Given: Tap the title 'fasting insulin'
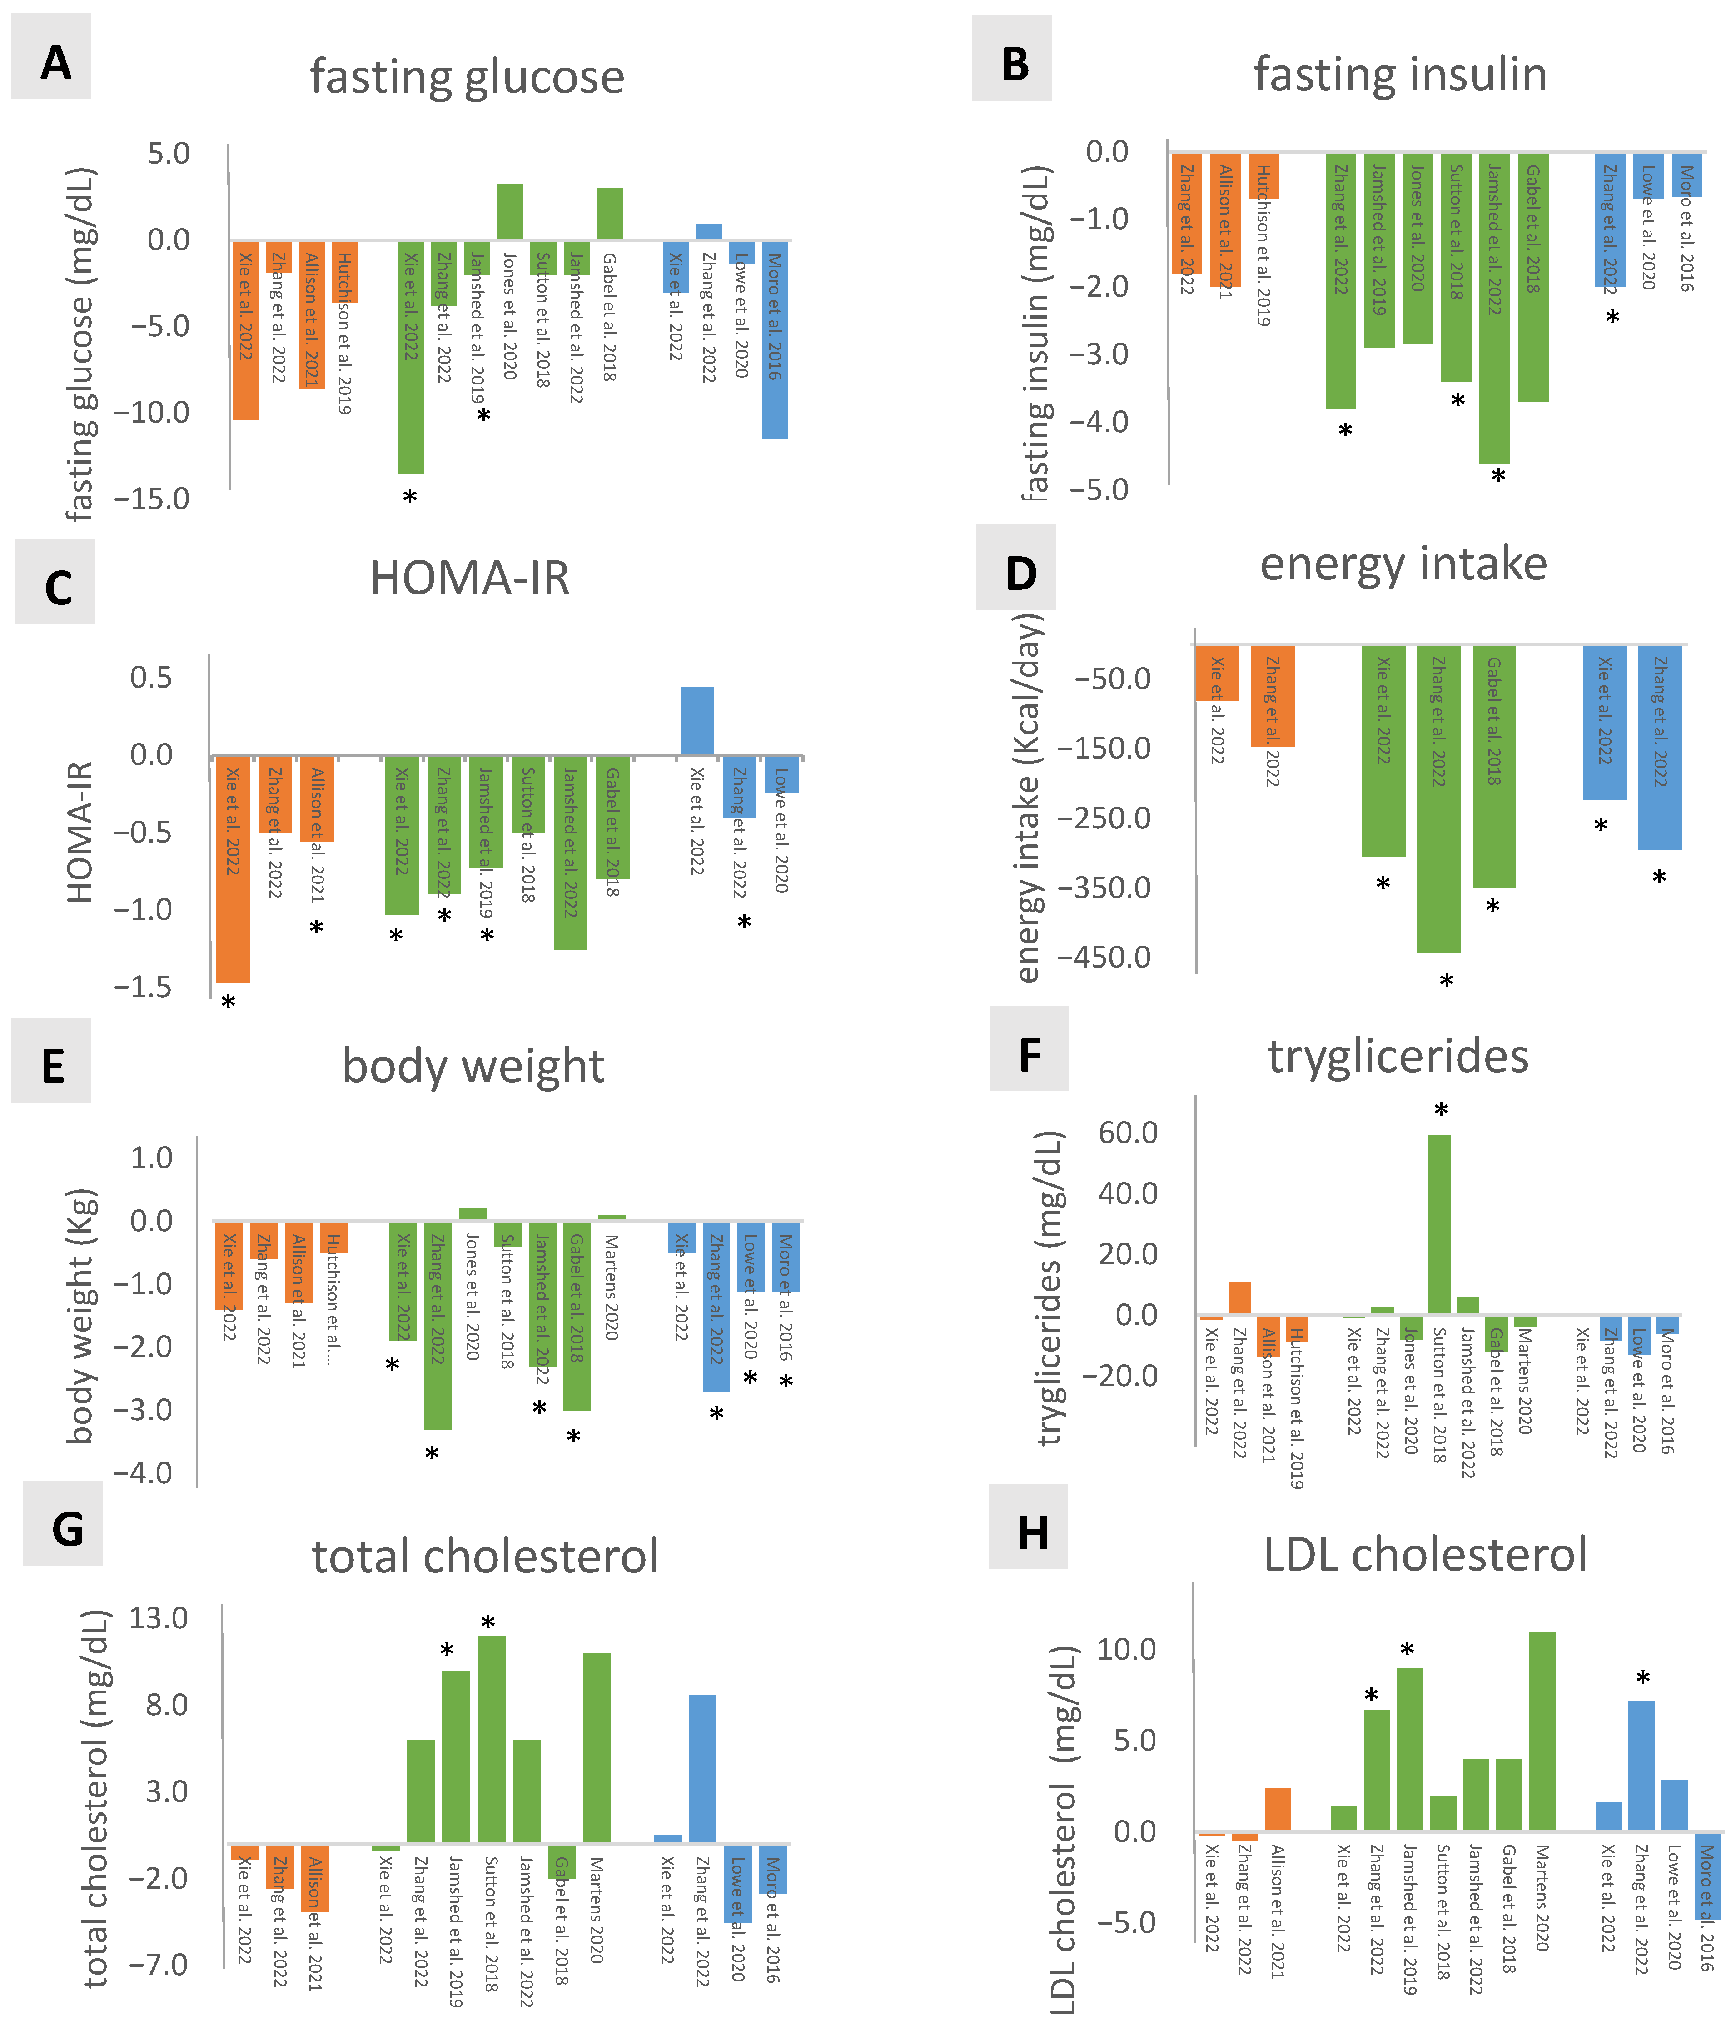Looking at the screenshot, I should tap(1400, 75).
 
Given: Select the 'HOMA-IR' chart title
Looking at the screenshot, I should tap(469, 578).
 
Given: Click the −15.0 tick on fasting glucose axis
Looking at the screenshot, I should tap(151, 499).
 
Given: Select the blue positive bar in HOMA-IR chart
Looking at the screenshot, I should tap(697, 721).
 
